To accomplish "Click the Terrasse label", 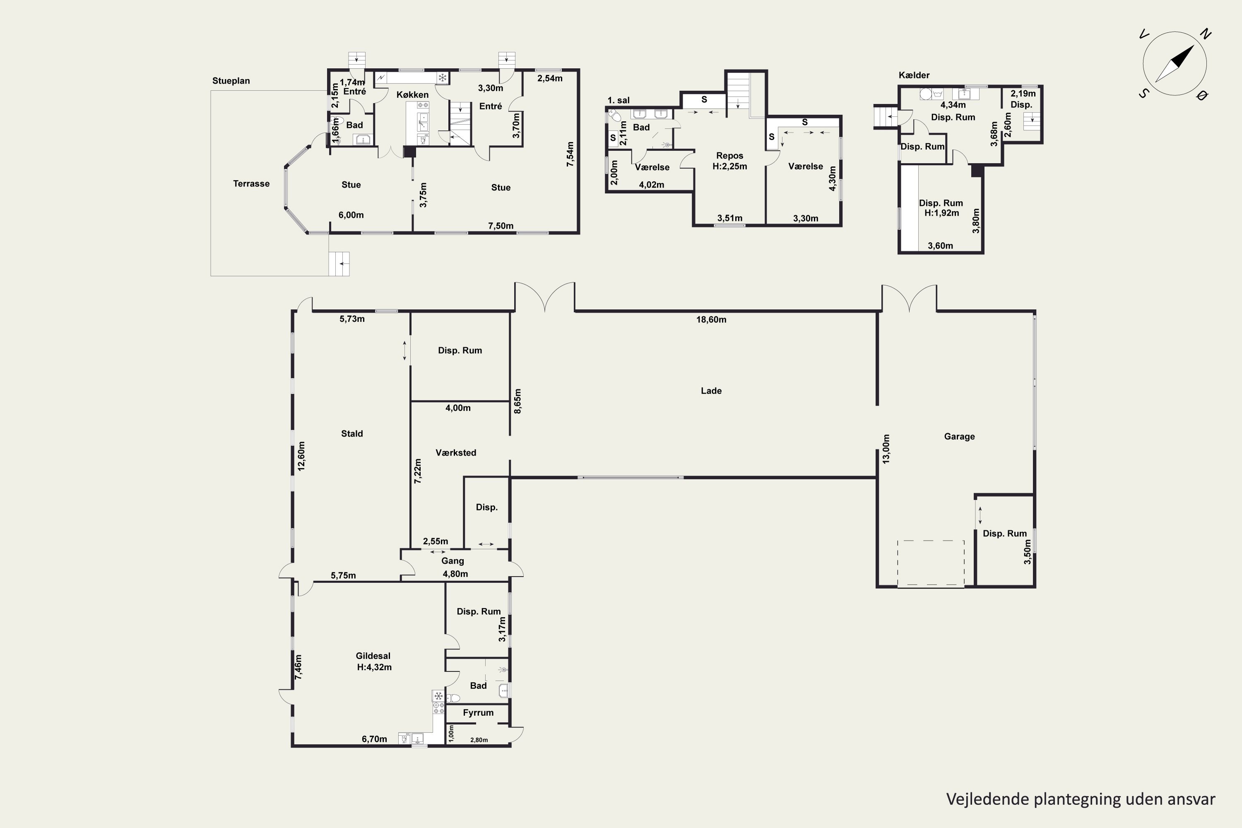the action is click(251, 184).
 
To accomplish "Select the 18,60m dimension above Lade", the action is click(711, 320).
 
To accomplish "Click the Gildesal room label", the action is click(373, 656).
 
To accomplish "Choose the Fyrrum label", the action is click(478, 713).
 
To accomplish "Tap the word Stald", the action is click(351, 433).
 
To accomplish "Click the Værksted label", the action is click(456, 453).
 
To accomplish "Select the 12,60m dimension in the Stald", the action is click(301, 456).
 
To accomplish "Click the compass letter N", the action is click(1205, 34).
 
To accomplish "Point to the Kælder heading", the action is click(914, 75).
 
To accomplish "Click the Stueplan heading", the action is click(231, 81).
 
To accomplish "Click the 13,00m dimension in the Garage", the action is click(886, 449).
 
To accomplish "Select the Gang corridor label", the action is click(453, 561).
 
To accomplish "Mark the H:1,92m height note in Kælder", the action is click(941, 213).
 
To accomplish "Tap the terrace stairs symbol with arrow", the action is click(339, 263).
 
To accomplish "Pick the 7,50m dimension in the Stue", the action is click(501, 226).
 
